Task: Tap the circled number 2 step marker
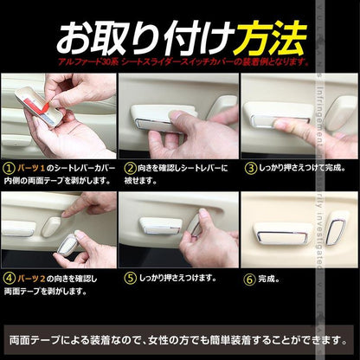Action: [x=130, y=166]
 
